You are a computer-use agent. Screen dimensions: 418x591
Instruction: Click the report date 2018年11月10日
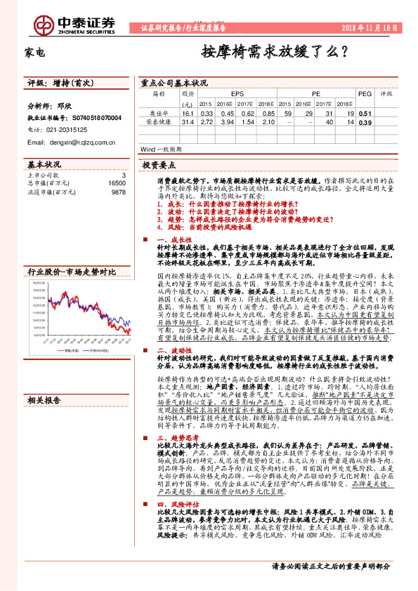[377, 27]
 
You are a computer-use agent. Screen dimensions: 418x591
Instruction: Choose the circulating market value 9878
[119, 191]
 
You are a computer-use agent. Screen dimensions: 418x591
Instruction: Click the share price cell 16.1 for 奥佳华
[187, 112]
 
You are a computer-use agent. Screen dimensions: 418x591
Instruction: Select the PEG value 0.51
[365, 112]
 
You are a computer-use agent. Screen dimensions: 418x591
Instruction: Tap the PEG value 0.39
[365, 122]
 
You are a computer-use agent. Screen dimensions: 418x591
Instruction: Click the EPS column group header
[237, 92]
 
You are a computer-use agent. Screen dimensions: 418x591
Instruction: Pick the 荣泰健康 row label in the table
[159, 122]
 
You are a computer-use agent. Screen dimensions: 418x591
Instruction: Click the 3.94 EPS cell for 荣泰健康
[224, 122]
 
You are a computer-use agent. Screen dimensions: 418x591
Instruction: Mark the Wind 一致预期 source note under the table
[161, 150]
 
